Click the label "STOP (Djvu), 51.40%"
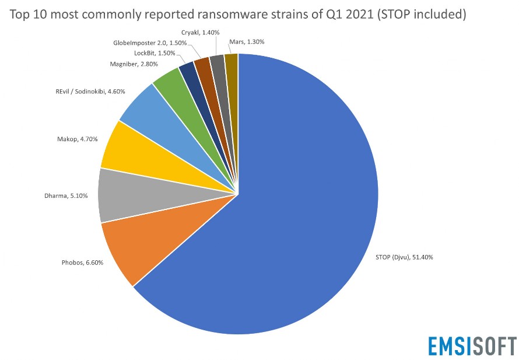click(x=403, y=257)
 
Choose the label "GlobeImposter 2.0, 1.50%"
click(x=150, y=43)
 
